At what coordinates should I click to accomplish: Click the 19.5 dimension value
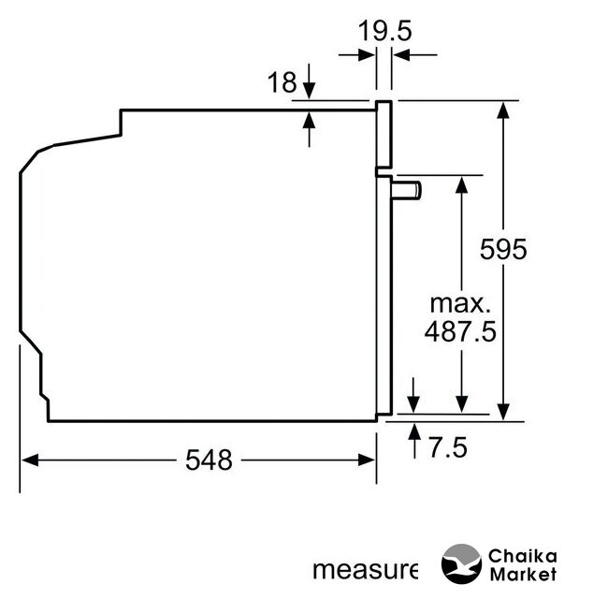[384, 31]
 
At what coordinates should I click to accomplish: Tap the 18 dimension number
[282, 82]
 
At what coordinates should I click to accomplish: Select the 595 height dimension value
[503, 249]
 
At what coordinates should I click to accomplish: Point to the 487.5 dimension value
[460, 331]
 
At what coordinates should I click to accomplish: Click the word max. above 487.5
[460, 303]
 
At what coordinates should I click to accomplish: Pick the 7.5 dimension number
[448, 447]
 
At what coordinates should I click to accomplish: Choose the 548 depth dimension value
[209, 460]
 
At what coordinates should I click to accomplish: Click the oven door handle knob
[407, 191]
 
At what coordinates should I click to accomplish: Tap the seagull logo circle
[461, 563]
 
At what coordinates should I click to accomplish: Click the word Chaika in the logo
[522, 556]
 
